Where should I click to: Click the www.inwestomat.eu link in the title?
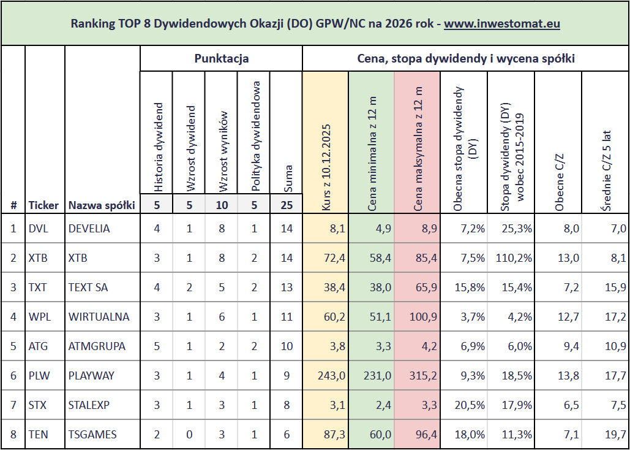point(502,25)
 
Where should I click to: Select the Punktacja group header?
point(221,59)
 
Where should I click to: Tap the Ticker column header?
point(43,205)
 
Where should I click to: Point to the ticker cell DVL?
point(38,229)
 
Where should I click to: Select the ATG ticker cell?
point(38,346)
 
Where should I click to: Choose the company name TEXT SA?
point(89,288)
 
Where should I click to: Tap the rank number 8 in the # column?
point(13,435)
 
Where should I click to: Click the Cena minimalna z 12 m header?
point(372,153)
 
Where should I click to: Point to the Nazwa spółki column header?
point(102,205)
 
